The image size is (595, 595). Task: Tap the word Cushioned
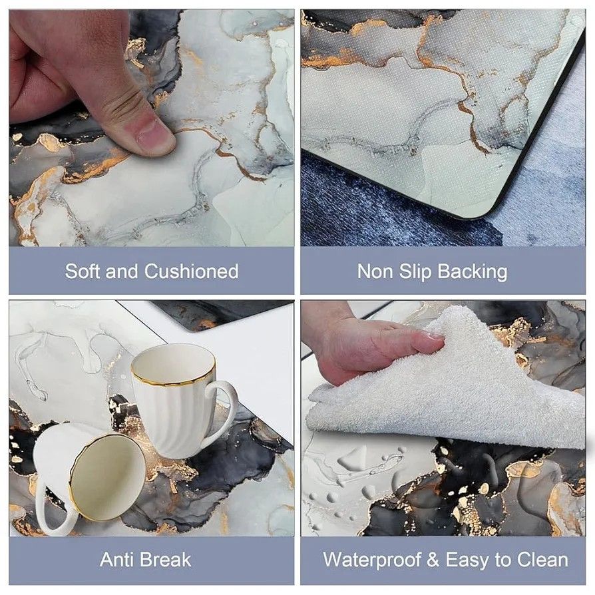tap(192, 272)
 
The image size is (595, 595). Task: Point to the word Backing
tap(473, 272)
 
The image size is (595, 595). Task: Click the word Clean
tap(542, 560)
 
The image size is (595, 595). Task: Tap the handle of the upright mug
tap(226, 404)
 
